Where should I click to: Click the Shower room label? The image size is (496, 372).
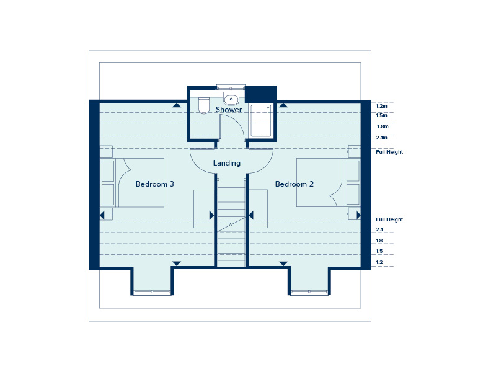coord(229,110)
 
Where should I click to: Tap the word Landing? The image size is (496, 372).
coord(227,163)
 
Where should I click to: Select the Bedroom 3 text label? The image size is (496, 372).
coord(155,184)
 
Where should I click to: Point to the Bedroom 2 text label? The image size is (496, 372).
coord(294,184)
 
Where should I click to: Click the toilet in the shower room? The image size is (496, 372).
coord(203,107)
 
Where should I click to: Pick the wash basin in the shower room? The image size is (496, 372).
coord(231,99)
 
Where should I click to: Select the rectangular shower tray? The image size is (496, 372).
coord(260,120)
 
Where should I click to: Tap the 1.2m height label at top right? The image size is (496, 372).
coord(381,106)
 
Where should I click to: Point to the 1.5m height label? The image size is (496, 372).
coord(381,115)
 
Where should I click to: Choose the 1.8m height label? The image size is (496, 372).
coord(383,126)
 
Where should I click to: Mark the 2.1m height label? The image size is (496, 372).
coord(381,138)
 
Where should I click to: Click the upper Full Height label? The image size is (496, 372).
coord(389,151)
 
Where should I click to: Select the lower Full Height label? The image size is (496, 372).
coord(389,219)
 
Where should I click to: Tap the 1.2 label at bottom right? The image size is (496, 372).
coord(379,263)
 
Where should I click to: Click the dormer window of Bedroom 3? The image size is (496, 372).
coord(151,292)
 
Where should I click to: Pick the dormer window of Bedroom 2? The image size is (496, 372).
coord(309,292)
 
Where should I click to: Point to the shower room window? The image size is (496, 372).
coord(231,88)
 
